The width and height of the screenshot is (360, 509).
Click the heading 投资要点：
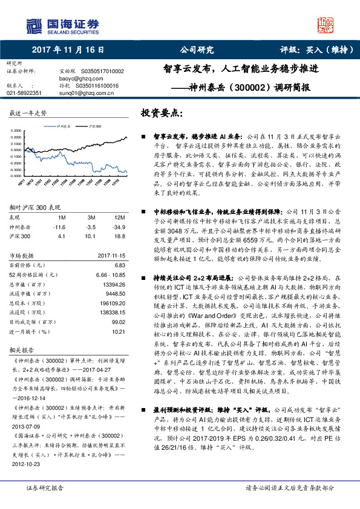pyautogui.click(x=162, y=114)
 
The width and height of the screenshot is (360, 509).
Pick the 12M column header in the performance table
pyautogui.click(x=120, y=217)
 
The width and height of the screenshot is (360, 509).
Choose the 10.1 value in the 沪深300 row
pyautogui.click(x=91, y=236)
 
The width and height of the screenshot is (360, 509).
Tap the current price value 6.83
pyautogui.click(x=120, y=265)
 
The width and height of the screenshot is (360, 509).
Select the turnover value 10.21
pyautogui.click(x=119, y=332)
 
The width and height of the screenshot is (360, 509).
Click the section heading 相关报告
pyautogui.click(x=21, y=349)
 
